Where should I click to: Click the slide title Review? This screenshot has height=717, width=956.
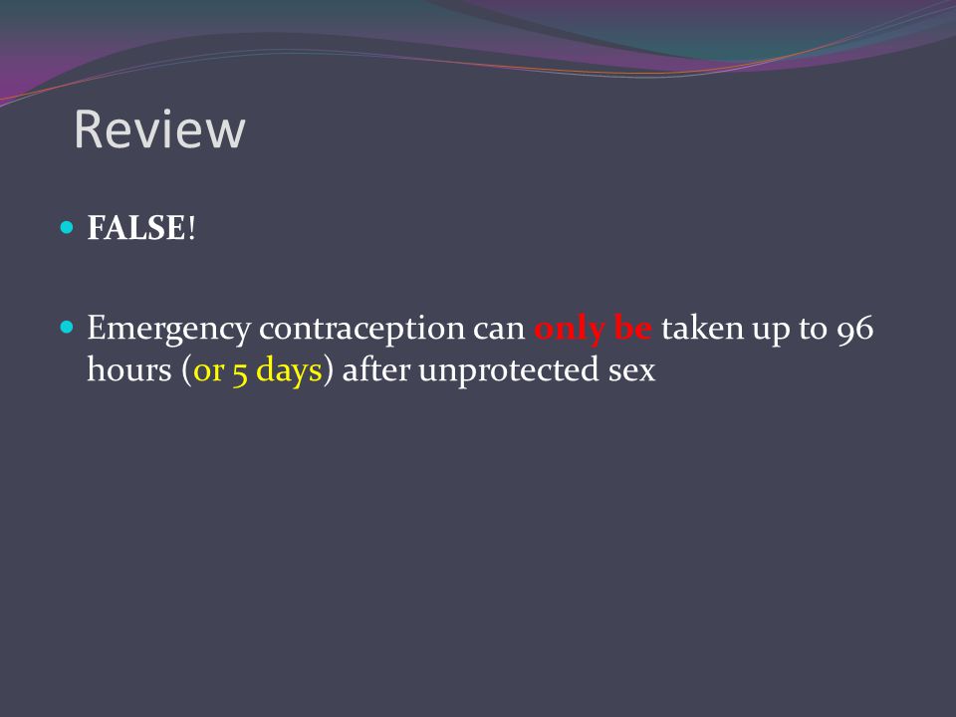point(159,129)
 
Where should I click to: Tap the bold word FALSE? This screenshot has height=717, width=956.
point(136,228)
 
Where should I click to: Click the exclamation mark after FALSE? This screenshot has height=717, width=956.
point(191,228)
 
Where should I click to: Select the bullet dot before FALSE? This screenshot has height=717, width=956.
point(67,228)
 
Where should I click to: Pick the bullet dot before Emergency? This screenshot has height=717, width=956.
point(67,328)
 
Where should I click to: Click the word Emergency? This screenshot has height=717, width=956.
point(169,330)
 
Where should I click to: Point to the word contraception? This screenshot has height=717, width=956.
point(361,330)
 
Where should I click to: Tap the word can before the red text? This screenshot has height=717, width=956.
point(499,331)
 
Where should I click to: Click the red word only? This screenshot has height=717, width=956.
point(570,330)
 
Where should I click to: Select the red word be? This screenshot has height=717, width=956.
point(633,328)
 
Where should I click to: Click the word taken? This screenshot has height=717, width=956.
point(702,328)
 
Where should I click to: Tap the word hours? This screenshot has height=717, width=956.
point(129,369)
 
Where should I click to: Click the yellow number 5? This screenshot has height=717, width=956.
point(240,371)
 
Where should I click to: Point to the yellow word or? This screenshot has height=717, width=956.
point(208,372)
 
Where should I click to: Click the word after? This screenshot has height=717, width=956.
point(375,369)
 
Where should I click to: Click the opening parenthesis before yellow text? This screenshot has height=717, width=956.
point(186,370)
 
